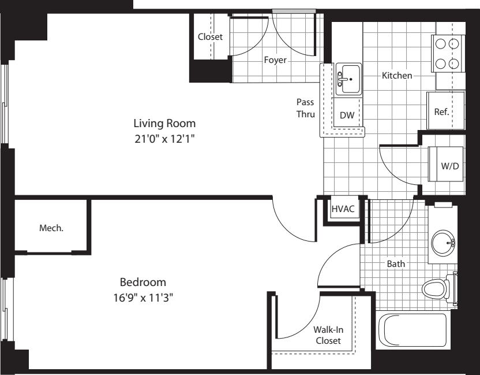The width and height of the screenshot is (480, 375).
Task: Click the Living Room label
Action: click(164, 123)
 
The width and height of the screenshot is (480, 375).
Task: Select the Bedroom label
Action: click(143, 283)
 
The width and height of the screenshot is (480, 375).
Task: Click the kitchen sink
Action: click(348, 79)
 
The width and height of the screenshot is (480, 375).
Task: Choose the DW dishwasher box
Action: click(347, 115)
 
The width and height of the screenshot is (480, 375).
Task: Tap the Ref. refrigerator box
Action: click(441, 111)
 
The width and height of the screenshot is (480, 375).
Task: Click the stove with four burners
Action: click(448, 53)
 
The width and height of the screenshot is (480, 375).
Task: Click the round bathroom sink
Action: click(444, 243)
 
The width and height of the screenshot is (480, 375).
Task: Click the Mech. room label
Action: click(51, 228)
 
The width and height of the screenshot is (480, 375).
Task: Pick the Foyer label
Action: click(275, 60)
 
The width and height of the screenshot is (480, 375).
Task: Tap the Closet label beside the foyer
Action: click(210, 36)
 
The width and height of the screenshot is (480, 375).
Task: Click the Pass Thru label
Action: click(305, 108)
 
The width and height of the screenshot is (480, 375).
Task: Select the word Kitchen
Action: click(397, 75)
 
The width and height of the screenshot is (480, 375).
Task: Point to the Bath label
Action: click(396, 263)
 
